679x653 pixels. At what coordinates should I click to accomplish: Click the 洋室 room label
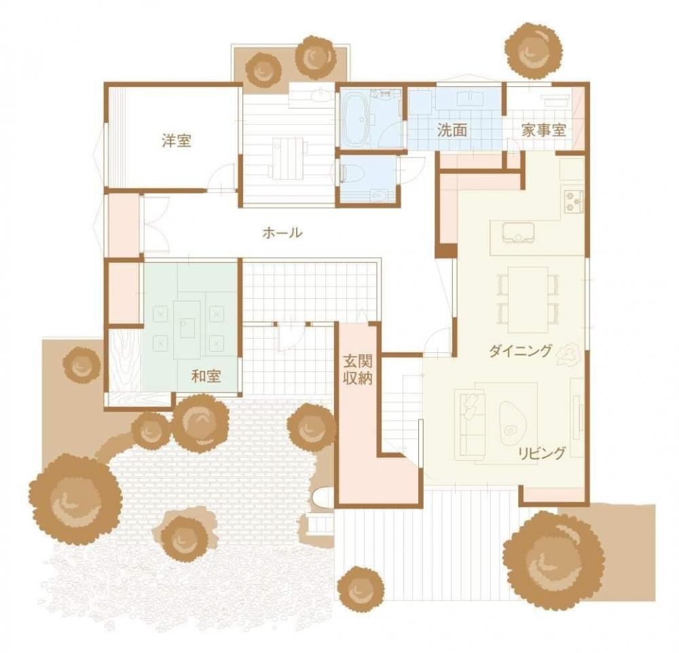pyautogui.click(x=176, y=141)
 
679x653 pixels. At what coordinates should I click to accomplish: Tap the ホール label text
pyautogui.click(x=282, y=233)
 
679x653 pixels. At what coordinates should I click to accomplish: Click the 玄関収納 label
pyautogui.click(x=357, y=370)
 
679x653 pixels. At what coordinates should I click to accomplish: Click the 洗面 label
pyautogui.click(x=452, y=131)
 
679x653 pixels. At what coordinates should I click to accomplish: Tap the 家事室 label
pyautogui.click(x=543, y=130)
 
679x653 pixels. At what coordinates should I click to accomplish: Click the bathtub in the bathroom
pyautogui.click(x=355, y=119)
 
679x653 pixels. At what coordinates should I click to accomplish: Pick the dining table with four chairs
pyautogui.click(x=528, y=299)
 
